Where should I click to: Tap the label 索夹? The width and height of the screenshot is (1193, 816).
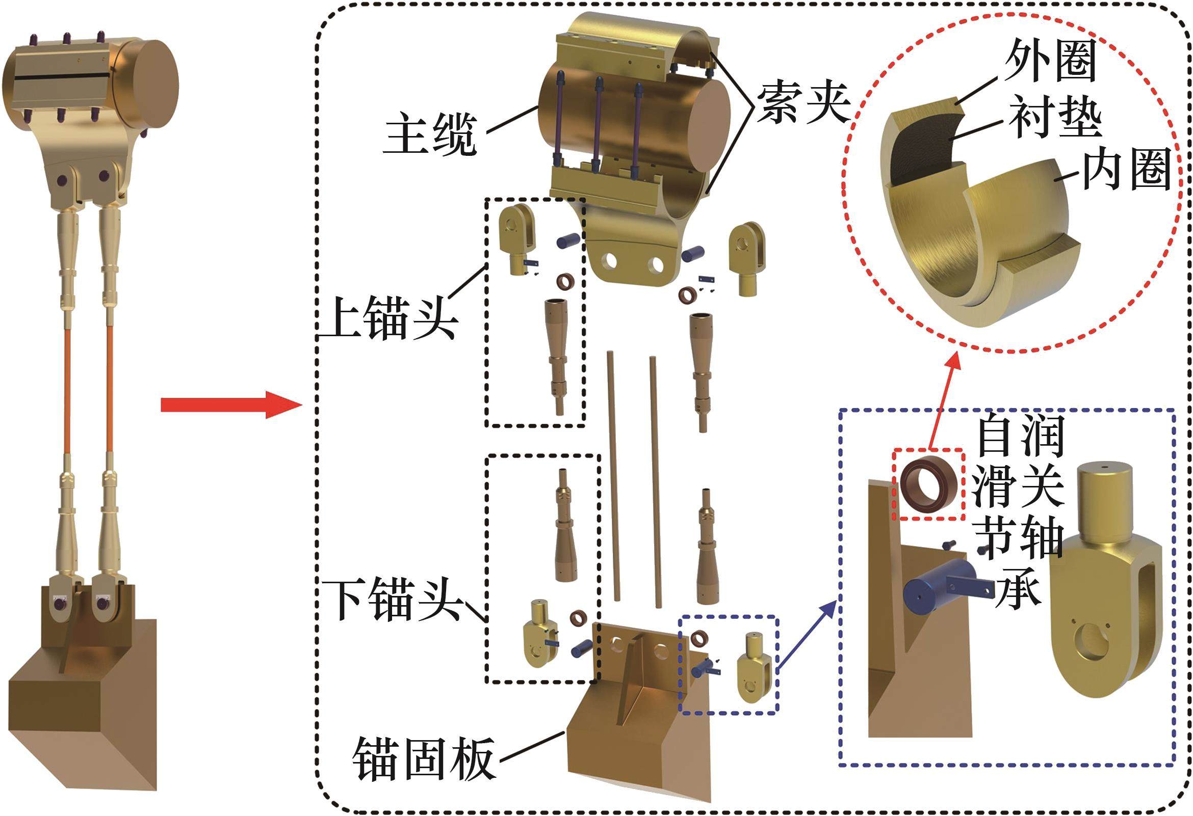803,104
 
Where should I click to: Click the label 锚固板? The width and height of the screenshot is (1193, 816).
424,759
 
